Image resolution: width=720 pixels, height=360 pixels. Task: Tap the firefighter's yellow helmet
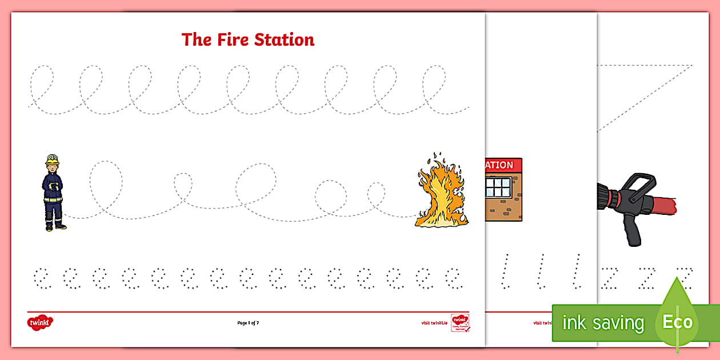click(x=53, y=159)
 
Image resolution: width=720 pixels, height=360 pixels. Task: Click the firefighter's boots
click(x=55, y=226)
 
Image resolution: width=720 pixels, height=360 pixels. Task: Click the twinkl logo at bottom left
click(x=39, y=323)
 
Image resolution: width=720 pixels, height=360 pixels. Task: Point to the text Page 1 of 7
click(x=248, y=323)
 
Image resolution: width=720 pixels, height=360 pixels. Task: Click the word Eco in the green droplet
click(x=677, y=322)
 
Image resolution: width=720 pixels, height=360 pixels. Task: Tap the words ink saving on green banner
click(x=602, y=323)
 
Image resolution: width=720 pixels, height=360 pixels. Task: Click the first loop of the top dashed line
click(x=41, y=80)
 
